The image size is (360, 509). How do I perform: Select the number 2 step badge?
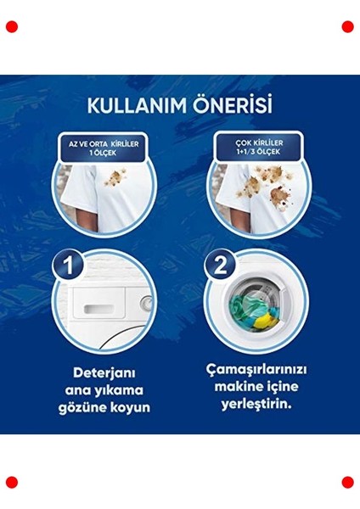pos(222,266)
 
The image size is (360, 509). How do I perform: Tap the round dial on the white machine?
pos(145,302)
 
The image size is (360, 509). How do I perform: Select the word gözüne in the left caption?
pos(82,407)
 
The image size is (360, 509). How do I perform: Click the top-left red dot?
pos(12,27)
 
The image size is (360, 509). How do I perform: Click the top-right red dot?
pos(347,27)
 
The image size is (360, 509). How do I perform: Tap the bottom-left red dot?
pos(12,482)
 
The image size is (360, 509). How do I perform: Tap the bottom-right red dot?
pos(347,482)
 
